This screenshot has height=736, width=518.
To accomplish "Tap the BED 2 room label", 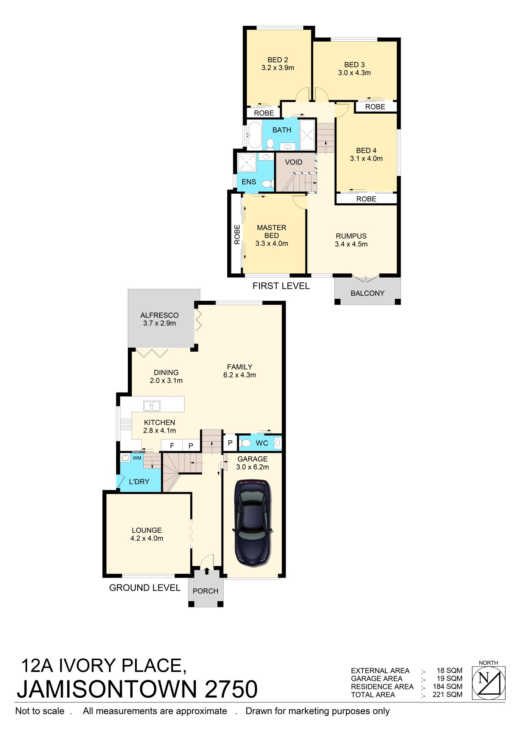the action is point(277,60).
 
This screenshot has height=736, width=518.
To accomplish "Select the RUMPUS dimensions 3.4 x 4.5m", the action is point(351,244).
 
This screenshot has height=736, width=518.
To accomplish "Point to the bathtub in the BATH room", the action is point(254,135).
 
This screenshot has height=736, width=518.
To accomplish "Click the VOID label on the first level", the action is point(293,162).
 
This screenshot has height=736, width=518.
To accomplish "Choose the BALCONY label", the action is point(367,294).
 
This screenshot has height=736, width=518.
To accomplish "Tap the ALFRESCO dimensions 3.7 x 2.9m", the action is point(159,323).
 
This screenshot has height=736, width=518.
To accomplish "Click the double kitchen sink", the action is point(152,406).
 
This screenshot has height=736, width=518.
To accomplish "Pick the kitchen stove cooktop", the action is point(126,424).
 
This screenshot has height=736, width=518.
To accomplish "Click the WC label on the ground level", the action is point(262,443).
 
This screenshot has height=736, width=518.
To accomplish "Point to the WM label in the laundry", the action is point(137,458).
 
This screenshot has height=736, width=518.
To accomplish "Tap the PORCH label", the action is point(205,591).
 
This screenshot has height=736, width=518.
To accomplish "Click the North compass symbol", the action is point(488,683).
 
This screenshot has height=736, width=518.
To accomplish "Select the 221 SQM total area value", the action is point(447,695).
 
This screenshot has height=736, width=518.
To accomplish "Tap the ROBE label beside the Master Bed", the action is point(237,234).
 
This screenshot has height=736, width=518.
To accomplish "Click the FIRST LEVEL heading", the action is point(281,286).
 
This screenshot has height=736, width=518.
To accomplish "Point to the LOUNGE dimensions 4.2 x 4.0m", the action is point(147,538).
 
